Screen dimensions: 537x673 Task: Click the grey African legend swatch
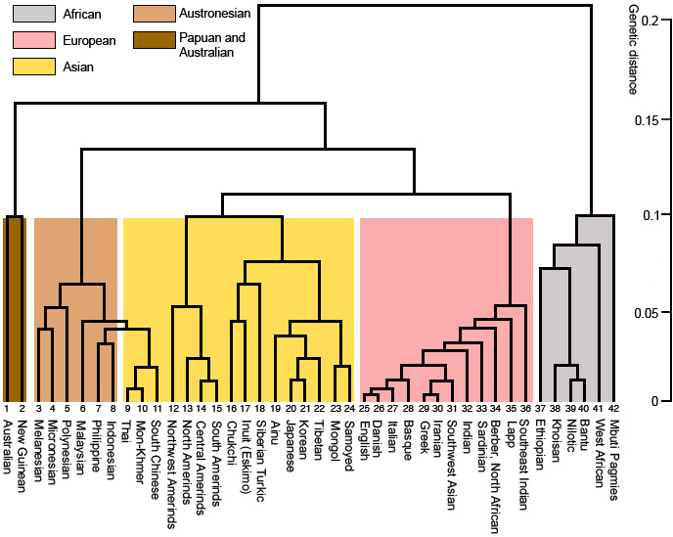pos(31,15)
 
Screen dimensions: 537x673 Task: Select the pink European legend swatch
pos(31,41)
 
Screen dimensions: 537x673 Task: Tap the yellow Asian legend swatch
pos(31,67)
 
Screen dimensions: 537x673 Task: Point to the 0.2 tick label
pos(647,21)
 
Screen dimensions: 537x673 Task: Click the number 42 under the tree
pos(612,407)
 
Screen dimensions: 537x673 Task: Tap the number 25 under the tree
pos(363,407)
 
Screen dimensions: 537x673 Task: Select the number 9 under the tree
pos(128,407)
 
